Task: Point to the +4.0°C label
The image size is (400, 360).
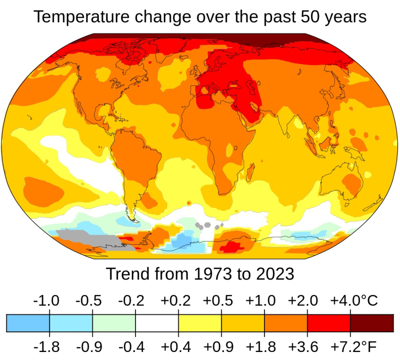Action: [354, 300]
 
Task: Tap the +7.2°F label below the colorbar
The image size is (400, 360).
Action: [353, 347]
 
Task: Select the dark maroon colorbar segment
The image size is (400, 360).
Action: [372, 323]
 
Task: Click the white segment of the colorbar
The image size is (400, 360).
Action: [157, 323]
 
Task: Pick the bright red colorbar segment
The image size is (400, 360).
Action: [329, 323]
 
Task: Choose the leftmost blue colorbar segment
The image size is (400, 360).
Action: [28, 323]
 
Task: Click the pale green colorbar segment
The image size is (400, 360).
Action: [114, 323]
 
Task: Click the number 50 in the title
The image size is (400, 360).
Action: [303, 17]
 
